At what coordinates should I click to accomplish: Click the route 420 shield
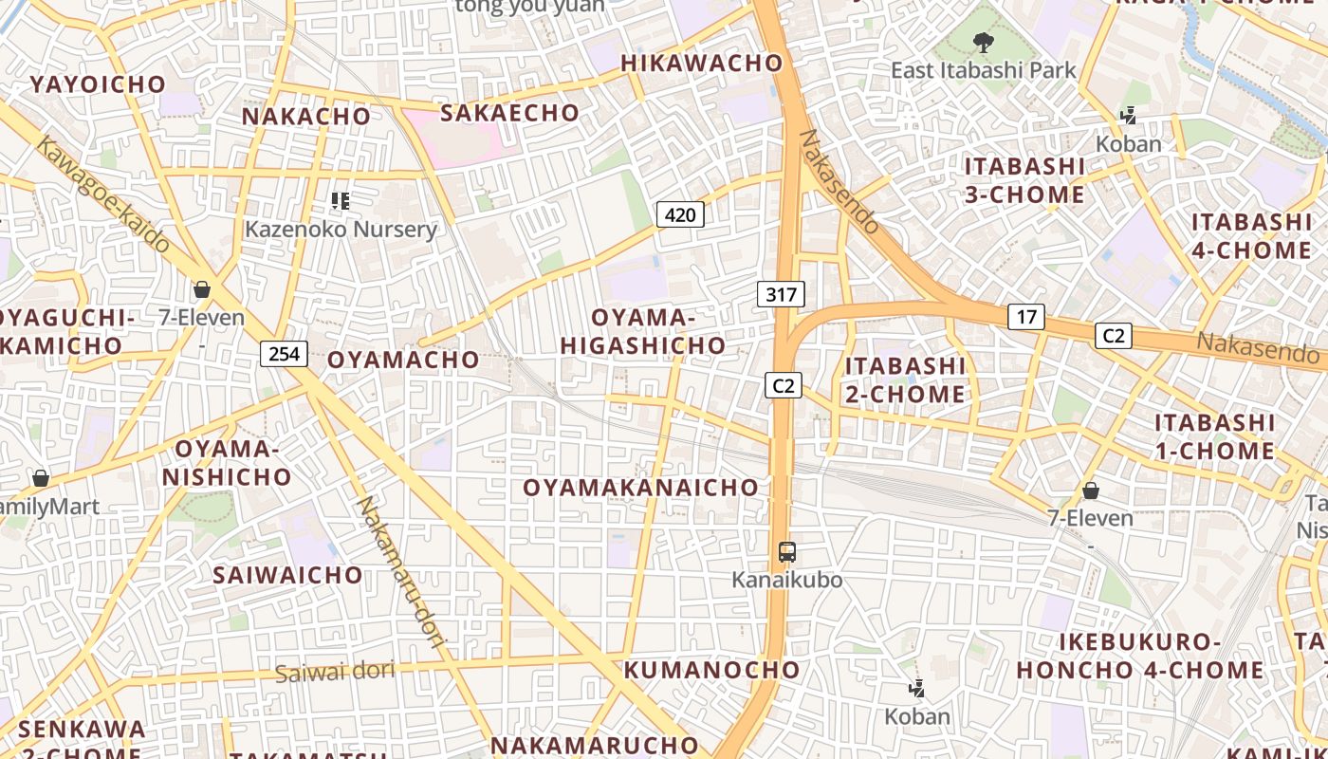[680, 214]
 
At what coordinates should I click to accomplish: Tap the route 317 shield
[781, 294]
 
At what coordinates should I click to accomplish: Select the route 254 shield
[284, 354]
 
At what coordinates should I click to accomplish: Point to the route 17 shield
[1025, 316]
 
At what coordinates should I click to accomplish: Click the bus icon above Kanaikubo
[786, 551]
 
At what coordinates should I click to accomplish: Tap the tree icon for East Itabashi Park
[983, 42]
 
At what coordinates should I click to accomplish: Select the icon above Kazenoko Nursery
[341, 200]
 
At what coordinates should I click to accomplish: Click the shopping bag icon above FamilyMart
[41, 478]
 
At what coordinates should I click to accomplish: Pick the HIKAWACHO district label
[702, 64]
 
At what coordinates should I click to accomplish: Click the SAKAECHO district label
[509, 113]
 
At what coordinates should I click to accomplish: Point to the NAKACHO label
[305, 117]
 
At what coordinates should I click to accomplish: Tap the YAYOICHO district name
[98, 84]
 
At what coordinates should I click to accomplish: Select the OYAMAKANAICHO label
[642, 488]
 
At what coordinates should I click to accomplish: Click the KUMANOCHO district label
[711, 670]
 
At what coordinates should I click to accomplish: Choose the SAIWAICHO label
[287, 575]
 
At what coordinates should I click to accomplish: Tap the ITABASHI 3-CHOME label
[1024, 180]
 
